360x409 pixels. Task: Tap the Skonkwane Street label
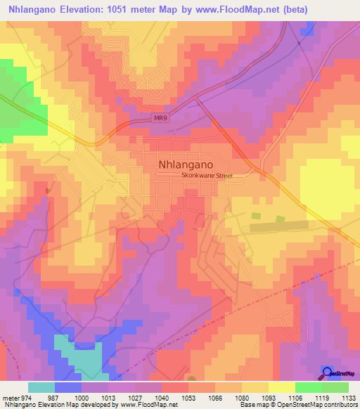pos(207,176)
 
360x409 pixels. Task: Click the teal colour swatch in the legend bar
pos(41,387)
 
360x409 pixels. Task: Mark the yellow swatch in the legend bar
pos(281,387)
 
